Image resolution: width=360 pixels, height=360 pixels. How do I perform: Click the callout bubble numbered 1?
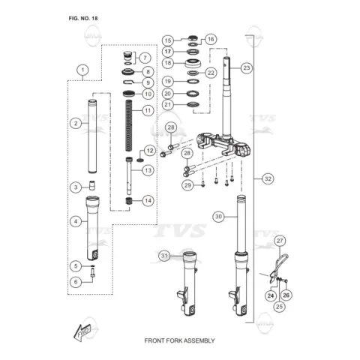click(82, 70)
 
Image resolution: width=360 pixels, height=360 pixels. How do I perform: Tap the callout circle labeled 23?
click(247, 67)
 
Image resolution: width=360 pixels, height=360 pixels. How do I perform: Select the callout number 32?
click(268, 178)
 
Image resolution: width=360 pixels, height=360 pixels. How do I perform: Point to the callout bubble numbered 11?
click(148, 110)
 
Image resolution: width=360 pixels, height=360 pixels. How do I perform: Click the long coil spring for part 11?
click(129, 125)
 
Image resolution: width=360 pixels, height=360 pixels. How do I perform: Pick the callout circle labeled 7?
click(145, 58)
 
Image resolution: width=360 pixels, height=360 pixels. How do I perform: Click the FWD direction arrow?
click(82, 331)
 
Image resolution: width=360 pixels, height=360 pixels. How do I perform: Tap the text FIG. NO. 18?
click(83, 19)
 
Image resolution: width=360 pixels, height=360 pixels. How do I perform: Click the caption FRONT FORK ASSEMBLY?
click(179, 340)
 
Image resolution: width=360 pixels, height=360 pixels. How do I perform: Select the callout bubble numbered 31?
click(164, 256)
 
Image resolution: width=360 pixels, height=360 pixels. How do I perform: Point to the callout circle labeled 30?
click(218, 217)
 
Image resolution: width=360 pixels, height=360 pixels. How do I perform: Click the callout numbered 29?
click(187, 185)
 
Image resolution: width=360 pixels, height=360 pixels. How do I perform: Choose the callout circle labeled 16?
click(211, 39)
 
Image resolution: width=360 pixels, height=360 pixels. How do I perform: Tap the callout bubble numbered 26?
click(286, 295)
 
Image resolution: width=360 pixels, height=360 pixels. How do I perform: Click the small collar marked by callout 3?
click(92, 185)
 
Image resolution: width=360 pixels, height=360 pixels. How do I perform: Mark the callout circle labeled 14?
click(148, 200)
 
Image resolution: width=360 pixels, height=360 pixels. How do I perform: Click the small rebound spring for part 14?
click(128, 201)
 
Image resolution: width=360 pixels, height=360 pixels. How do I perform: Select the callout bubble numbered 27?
click(280, 241)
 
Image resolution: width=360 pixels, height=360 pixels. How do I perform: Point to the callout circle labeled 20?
click(168, 94)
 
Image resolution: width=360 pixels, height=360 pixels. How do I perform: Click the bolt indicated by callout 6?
click(93, 272)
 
